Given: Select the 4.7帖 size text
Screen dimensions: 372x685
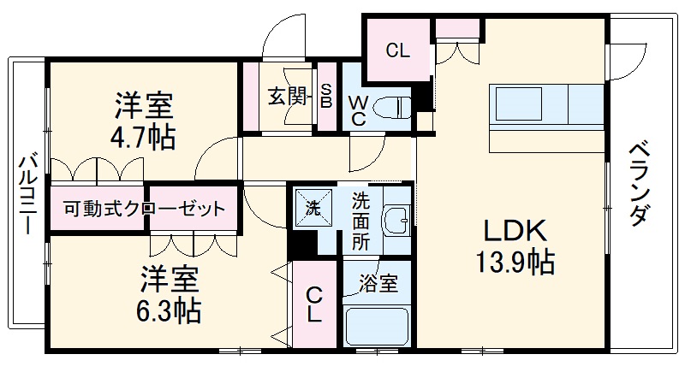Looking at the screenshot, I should [x=145, y=137].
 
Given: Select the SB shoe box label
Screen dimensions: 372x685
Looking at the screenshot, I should [x=326, y=96].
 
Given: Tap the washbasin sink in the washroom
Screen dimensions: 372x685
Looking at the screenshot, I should [x=395, y=220].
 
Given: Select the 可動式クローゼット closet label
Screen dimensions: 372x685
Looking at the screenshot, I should [x=145, y=208].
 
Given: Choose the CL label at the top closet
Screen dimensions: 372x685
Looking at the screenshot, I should [x=396, y=50].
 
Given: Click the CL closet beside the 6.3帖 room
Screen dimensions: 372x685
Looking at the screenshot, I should [x=314, y=304].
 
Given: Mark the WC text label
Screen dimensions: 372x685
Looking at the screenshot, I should [x=359, y=110].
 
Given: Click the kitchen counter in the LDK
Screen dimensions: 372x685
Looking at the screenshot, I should [x=548, y=105].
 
